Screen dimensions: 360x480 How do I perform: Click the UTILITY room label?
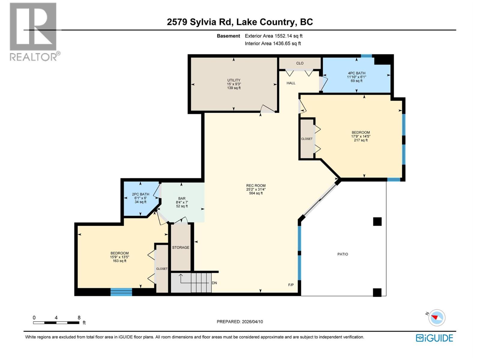[234, 80]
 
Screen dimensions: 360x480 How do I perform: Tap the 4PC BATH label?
[356, 73]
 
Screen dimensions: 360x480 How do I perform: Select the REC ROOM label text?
[256, 185]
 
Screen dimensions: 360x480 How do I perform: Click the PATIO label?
[343, 254]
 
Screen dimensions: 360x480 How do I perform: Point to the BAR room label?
[182, 198]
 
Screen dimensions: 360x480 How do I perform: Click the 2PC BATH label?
[140, 194]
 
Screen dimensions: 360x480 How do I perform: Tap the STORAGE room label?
[181, 247]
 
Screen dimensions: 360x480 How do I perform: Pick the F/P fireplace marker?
[291, 285]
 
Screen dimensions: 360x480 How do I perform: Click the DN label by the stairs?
[214, 283]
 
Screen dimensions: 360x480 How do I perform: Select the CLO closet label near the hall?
[300, 63]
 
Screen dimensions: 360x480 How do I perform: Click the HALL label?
[291, 83]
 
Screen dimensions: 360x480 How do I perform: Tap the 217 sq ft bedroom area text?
[361, 140]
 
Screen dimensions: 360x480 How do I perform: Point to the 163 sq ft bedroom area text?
[119, 261]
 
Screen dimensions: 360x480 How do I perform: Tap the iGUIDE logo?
[434, 338]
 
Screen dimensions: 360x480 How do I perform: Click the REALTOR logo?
[34, 31]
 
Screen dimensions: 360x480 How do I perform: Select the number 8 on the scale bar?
[79, 318]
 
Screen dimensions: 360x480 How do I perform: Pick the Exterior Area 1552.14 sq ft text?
[273, 36]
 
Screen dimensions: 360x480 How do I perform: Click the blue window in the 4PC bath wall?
[366, 56]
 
